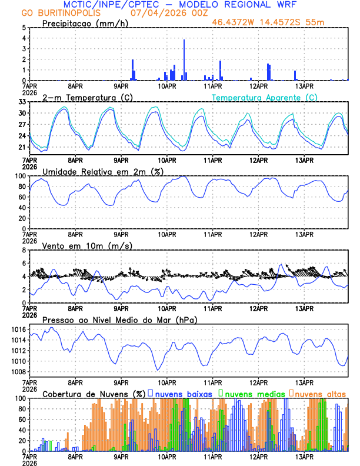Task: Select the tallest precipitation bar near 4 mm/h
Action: coord(184,59)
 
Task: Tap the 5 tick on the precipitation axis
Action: coord(24,28)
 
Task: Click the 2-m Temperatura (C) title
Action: coord(88,97)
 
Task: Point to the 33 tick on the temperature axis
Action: coord(22,102)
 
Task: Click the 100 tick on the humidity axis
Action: coord(19,176)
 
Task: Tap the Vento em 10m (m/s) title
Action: coord(87,245)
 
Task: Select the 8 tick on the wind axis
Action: coord(24,250)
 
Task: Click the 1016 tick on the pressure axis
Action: coord(18,329)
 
